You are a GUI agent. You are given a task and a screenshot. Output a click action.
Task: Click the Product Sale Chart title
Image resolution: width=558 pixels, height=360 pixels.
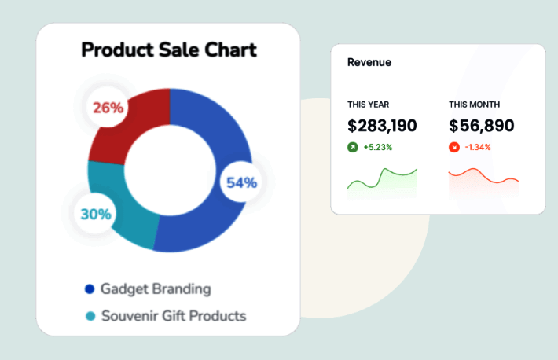(x=169, y=50)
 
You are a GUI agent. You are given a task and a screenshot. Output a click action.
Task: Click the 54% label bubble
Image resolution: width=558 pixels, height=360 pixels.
(x=241, y=183)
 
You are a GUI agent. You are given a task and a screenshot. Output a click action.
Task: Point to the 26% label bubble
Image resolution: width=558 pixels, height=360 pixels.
(x=108, y=108)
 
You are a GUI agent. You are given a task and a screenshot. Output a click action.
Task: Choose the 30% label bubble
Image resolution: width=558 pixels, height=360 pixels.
(x=96, y=213)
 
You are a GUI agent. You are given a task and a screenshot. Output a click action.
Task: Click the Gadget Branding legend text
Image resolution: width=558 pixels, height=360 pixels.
(x=156, y=288)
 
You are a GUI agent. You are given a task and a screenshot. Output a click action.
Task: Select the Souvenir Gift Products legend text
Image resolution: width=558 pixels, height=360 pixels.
(x=173, y=316)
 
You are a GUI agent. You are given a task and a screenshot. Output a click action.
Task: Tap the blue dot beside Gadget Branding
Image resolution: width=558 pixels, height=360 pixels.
(x=90, y=289)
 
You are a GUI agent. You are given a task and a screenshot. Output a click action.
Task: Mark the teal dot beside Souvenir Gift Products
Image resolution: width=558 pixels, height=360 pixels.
(x=90, y=317)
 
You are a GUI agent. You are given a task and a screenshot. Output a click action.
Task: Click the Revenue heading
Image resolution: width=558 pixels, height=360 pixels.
(x=369, y=62)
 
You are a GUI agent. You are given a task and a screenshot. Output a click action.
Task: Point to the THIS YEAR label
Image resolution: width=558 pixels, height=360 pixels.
(x=368, y=105)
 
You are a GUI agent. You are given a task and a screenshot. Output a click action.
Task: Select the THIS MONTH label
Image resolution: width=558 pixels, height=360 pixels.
(x=474, y=105)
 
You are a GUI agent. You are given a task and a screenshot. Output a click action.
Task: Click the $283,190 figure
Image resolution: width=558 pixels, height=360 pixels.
(x=382, y=126)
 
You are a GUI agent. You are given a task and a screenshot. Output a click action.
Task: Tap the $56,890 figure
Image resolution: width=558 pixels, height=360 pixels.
(x=482, y=126)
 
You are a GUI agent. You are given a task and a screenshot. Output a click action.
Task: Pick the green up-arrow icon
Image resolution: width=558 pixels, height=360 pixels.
(x=353, y=147)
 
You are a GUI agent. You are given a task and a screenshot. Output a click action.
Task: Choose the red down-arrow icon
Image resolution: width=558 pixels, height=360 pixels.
(x=453, y=147)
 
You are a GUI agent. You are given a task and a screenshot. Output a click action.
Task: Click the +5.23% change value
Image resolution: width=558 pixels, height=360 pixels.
(x=378, y=147)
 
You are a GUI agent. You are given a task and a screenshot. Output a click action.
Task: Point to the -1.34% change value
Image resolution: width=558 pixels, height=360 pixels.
(x=478, y=147)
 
